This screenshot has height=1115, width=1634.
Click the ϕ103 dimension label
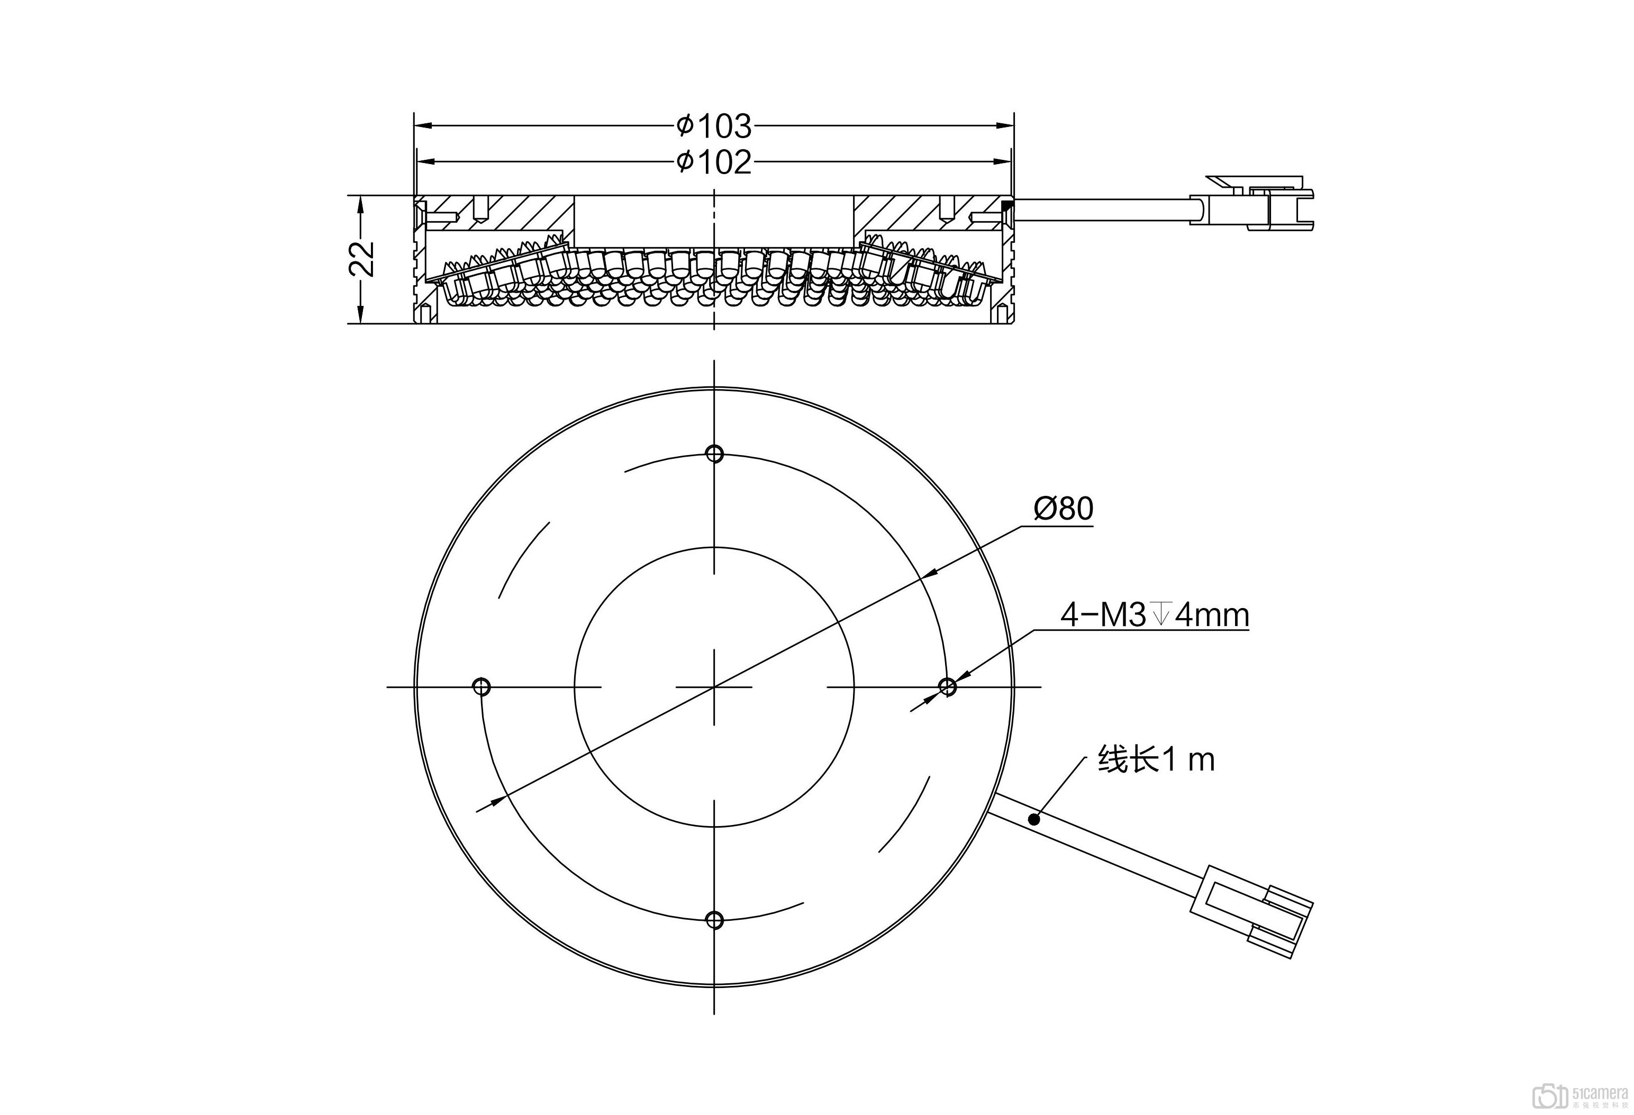tap(714, 126)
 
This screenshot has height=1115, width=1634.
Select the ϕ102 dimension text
tap(714, 162)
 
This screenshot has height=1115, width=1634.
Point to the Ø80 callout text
tap(1063, 509)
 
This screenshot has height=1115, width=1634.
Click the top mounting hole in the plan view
tap(714, 454)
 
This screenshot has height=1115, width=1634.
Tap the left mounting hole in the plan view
tap(482, 686)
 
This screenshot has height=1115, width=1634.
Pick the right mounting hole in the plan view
tap(947, 686)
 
